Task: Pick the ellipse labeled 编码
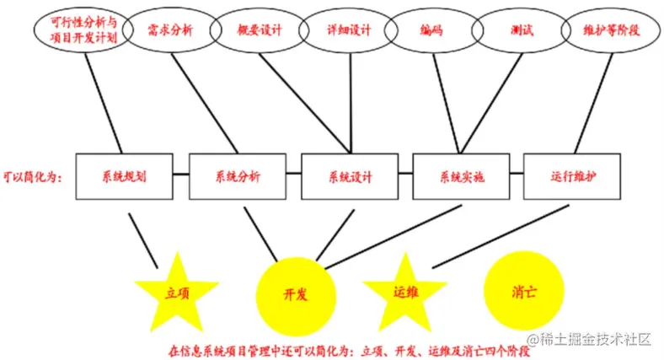[432, 32]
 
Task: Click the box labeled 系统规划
[124, 177]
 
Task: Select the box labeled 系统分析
[238, 177]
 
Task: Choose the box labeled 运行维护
[572, 177]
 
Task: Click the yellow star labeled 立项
[177, 293]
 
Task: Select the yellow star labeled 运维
[405, 292]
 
